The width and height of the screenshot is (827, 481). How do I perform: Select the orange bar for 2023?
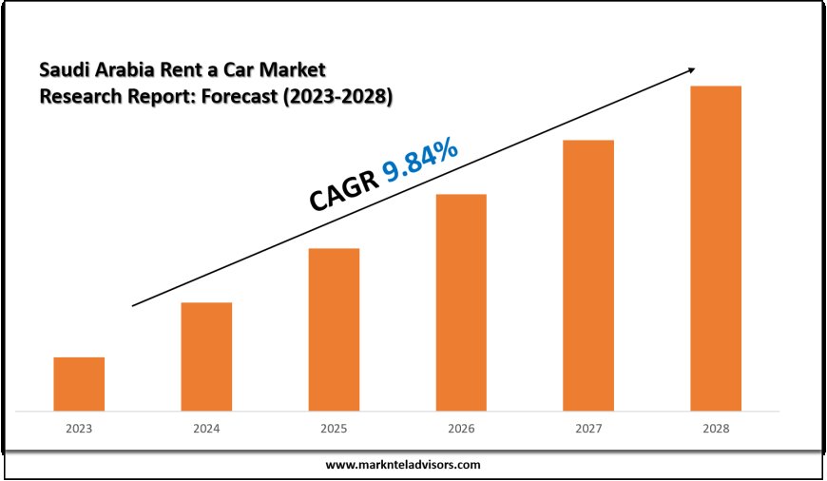79,384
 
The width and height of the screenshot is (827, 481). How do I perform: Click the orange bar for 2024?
206,356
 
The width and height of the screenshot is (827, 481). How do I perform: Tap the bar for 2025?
334,330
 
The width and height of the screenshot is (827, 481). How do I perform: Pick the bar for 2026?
461,302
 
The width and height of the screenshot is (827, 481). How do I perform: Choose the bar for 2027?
588,276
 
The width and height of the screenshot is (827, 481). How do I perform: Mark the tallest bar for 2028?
716,248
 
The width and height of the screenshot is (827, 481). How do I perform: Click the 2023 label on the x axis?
79,429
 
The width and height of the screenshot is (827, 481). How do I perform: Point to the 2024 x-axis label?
206,429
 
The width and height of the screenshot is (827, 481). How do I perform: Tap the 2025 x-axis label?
334,429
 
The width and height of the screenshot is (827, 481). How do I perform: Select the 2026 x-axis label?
461,429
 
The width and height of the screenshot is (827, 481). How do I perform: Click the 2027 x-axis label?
588,429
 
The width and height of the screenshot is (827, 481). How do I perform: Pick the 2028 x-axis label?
716,429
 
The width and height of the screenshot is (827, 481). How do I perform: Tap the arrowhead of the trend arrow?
691,69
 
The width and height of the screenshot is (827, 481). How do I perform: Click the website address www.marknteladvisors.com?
403,465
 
